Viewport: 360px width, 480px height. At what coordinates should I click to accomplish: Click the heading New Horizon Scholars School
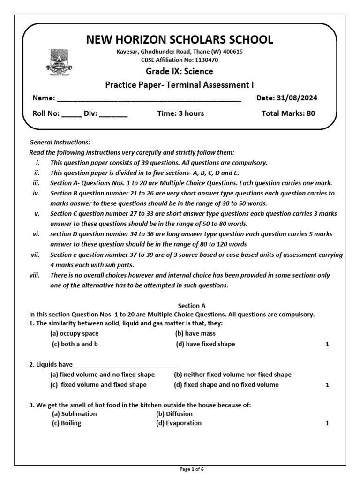180,39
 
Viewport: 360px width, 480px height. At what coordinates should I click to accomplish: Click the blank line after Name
149,99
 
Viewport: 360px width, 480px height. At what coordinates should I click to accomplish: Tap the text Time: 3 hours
180,113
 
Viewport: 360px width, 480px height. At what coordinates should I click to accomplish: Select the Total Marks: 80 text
288,113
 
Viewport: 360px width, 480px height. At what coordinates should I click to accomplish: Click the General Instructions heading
60,142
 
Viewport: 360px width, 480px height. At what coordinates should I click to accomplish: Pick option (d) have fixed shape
205,344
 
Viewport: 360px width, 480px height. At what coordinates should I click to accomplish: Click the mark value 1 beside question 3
327,423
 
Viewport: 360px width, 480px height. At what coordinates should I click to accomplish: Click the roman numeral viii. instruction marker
35,275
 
